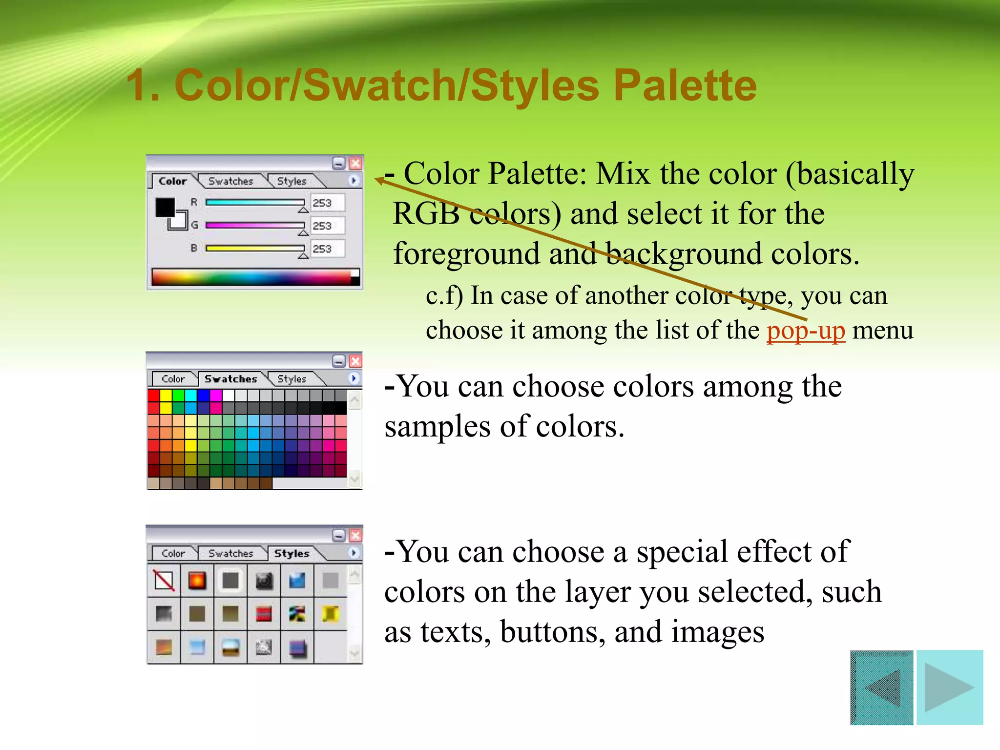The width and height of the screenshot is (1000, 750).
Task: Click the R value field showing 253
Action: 327,203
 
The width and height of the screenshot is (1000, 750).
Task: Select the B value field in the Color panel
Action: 327,249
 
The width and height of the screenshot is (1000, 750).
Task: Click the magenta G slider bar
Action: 254,225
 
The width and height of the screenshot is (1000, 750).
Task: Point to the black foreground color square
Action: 165,207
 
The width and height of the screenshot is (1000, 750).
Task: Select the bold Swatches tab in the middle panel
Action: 230,379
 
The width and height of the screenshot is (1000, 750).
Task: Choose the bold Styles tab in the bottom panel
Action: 292,553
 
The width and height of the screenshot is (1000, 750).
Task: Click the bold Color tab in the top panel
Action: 172,181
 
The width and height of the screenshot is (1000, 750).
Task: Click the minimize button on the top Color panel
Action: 338,163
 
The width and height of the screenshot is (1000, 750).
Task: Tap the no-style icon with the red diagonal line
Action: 164,581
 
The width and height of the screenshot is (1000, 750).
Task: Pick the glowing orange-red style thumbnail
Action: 197,581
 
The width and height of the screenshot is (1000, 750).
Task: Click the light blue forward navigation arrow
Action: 949,687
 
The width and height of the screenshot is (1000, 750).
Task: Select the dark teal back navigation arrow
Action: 882,687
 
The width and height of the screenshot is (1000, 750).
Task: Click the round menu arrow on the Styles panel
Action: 354,553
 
